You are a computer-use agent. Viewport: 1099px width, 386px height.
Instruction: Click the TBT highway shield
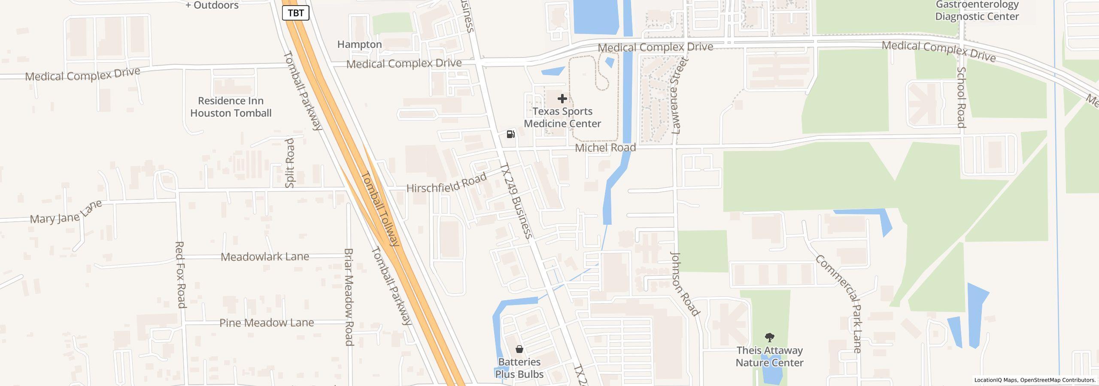tap(296, 13)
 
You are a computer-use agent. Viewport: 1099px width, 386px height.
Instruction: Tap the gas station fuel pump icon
tap(510, 134)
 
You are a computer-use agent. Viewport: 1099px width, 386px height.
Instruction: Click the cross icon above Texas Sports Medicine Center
tap(562, 99)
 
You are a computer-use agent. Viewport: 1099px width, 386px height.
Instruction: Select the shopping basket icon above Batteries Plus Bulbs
tap(519, 349)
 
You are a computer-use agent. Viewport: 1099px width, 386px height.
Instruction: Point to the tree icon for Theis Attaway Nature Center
tap(769, 338)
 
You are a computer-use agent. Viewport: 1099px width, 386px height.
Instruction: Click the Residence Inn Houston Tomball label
tap(231, 107)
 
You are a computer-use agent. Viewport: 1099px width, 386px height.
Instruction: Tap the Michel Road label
tap(605, 148)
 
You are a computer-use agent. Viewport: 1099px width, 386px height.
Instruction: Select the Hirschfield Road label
tap(446, 183)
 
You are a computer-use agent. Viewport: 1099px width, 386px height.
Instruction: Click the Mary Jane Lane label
tap(66, 212)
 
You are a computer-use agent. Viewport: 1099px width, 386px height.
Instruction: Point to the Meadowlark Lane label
tap(265, 257)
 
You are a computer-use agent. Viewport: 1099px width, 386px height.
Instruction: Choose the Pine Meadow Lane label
tap(267, 323)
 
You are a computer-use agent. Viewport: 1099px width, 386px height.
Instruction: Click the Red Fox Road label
tap(180, 274)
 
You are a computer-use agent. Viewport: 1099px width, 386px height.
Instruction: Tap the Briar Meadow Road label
tap(349, 297)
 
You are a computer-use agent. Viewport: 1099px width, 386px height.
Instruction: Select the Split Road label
tap(290, 163)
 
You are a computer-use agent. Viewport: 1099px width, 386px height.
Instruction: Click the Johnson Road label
tap(684, 284)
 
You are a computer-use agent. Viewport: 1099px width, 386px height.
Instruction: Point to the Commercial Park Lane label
tap(839, 304)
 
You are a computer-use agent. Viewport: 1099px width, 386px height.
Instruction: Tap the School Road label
tap(961, 97)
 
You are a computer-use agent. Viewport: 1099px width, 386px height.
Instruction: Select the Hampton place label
tap(359, 45)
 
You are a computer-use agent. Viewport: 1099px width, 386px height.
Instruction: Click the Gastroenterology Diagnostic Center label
tap(977, 11)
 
